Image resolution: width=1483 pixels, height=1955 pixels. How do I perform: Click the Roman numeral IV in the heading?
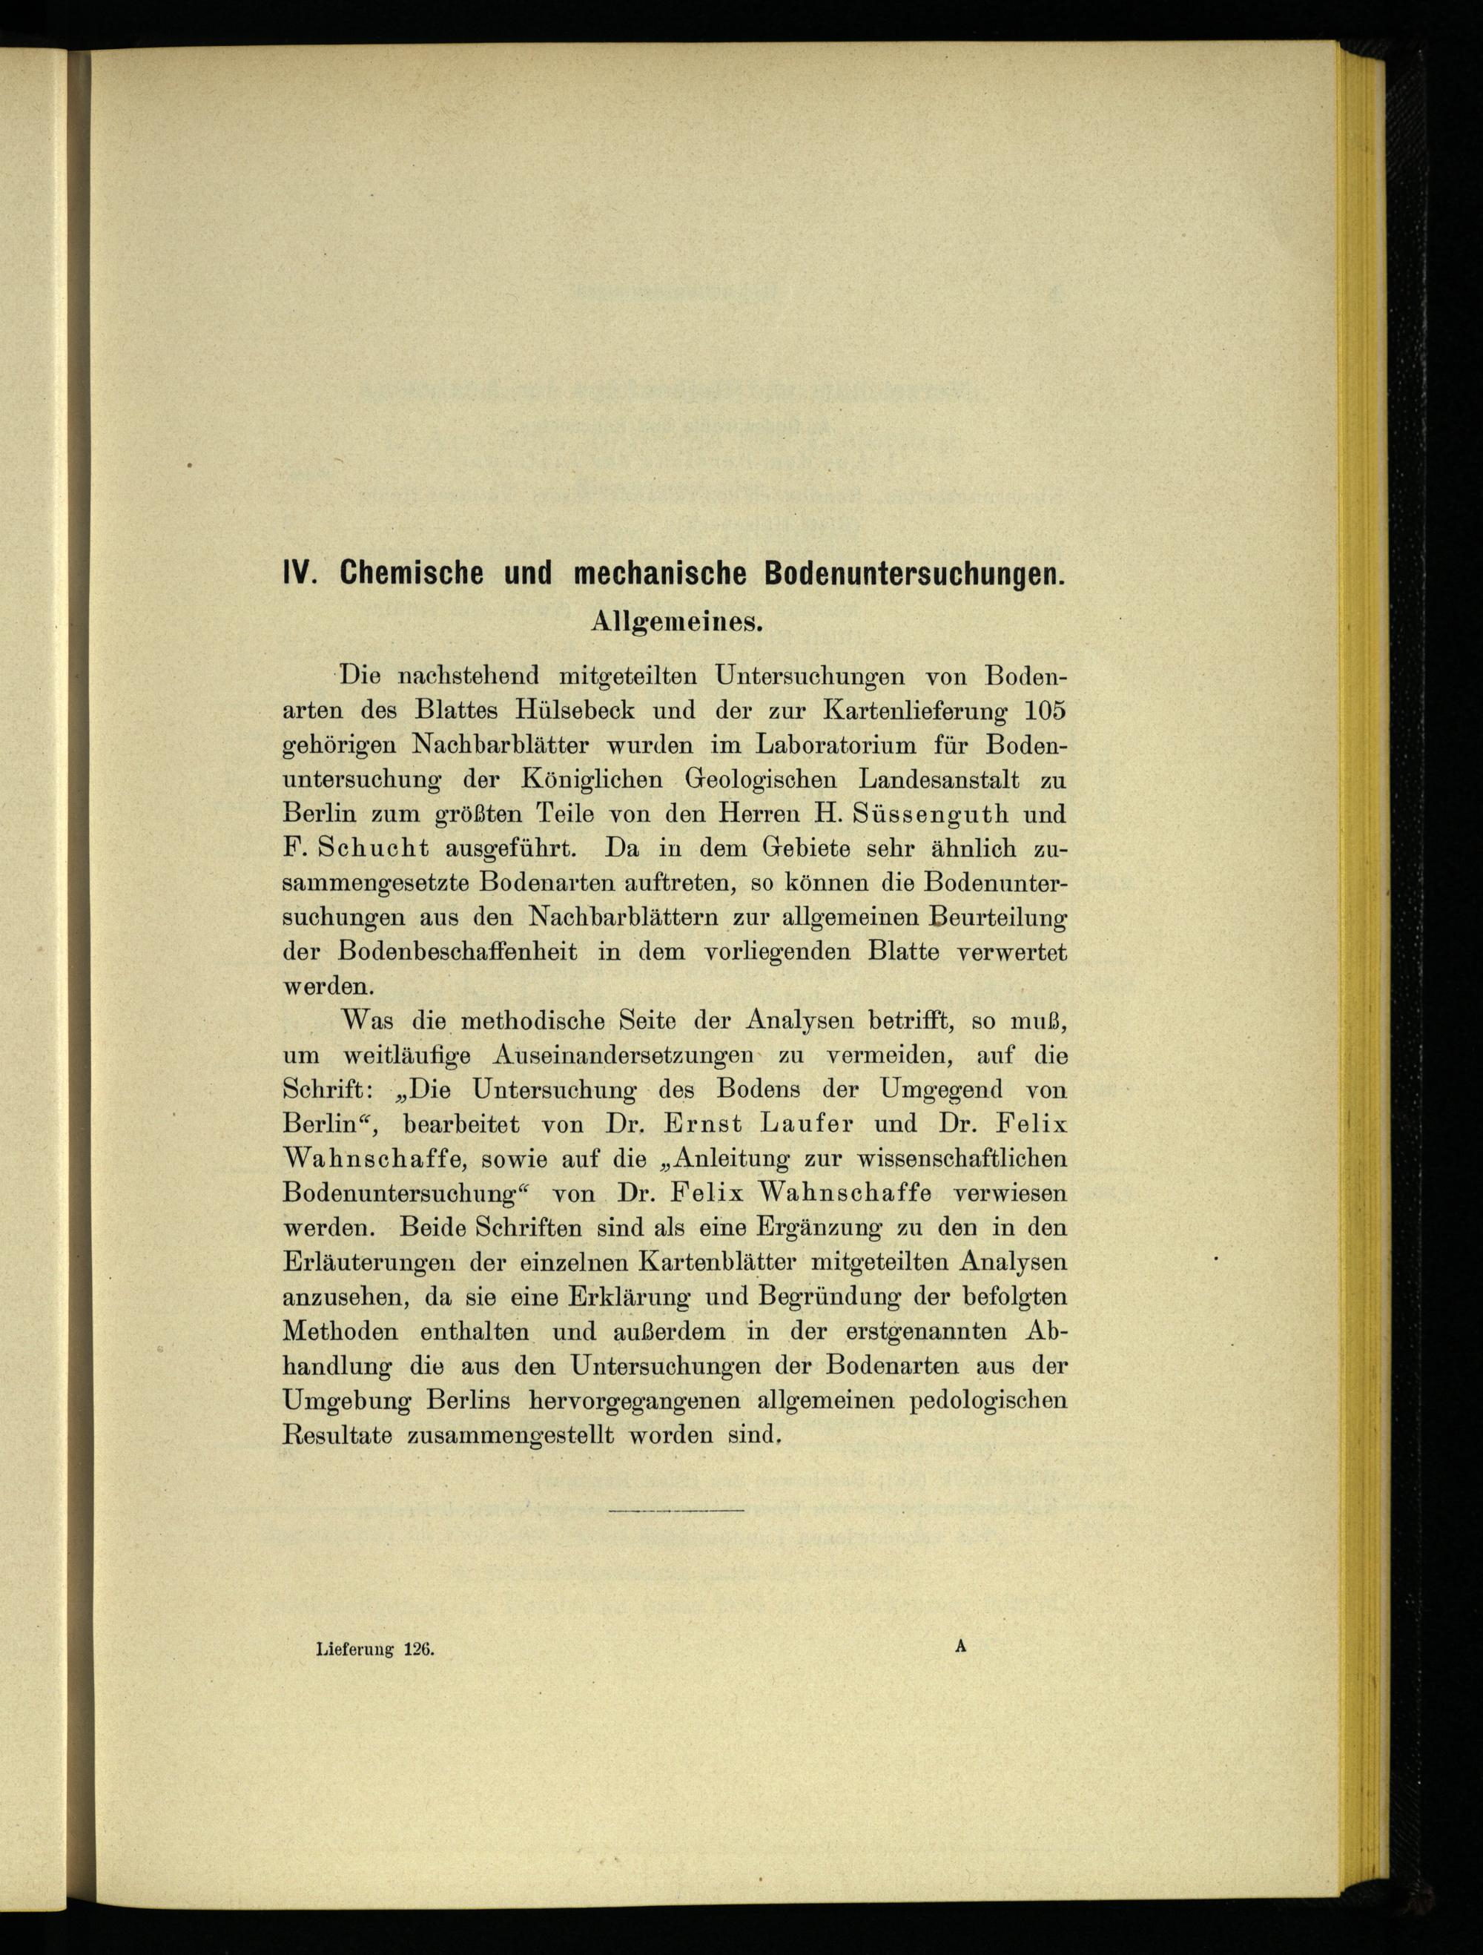tap(299, 573)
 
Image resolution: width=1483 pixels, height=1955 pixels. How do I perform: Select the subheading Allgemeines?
tap(676, 622)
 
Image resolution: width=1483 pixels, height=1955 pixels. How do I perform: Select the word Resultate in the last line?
tap(337, 1435)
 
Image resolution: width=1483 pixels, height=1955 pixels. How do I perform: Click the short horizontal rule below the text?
tap(676, 1511)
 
